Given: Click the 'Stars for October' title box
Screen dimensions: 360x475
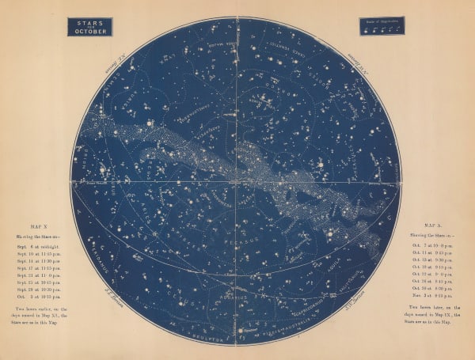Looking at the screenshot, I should (89, 27).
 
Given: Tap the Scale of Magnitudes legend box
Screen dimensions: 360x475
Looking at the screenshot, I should (382, 25).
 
